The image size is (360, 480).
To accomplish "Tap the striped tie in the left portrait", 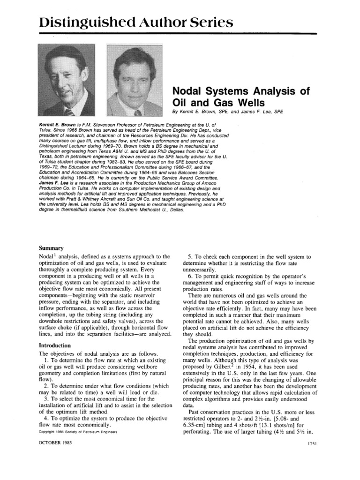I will [x=69, y=112].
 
